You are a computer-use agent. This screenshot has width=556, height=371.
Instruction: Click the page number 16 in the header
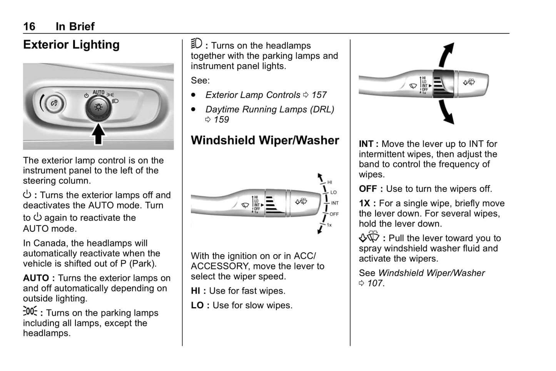click(x=29, y=26)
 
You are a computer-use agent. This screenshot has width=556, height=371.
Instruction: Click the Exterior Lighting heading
click(x=71, y=45)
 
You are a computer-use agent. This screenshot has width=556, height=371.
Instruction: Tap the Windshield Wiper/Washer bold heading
click(x=265, y=140)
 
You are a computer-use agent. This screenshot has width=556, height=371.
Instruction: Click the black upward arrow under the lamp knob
click(x=98, y=134)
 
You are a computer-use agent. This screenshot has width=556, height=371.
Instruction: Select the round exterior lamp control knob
click(x=98, y=107)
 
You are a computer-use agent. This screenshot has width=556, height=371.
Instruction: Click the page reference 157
click(x=319, y=95)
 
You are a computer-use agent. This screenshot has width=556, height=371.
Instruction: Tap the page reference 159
click(x=221, y=120)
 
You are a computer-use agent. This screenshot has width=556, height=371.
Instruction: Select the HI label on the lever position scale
click(x=330, y=182)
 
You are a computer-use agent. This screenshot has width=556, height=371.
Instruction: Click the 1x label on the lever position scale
click(x=329, y=225)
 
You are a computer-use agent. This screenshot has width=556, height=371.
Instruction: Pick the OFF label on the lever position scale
click(x=334, y=214)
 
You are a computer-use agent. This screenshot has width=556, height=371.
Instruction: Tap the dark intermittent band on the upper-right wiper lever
click(x=443, y=84)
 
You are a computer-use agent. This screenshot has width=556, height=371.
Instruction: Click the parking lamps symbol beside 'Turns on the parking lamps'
click(x=30, y=311)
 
